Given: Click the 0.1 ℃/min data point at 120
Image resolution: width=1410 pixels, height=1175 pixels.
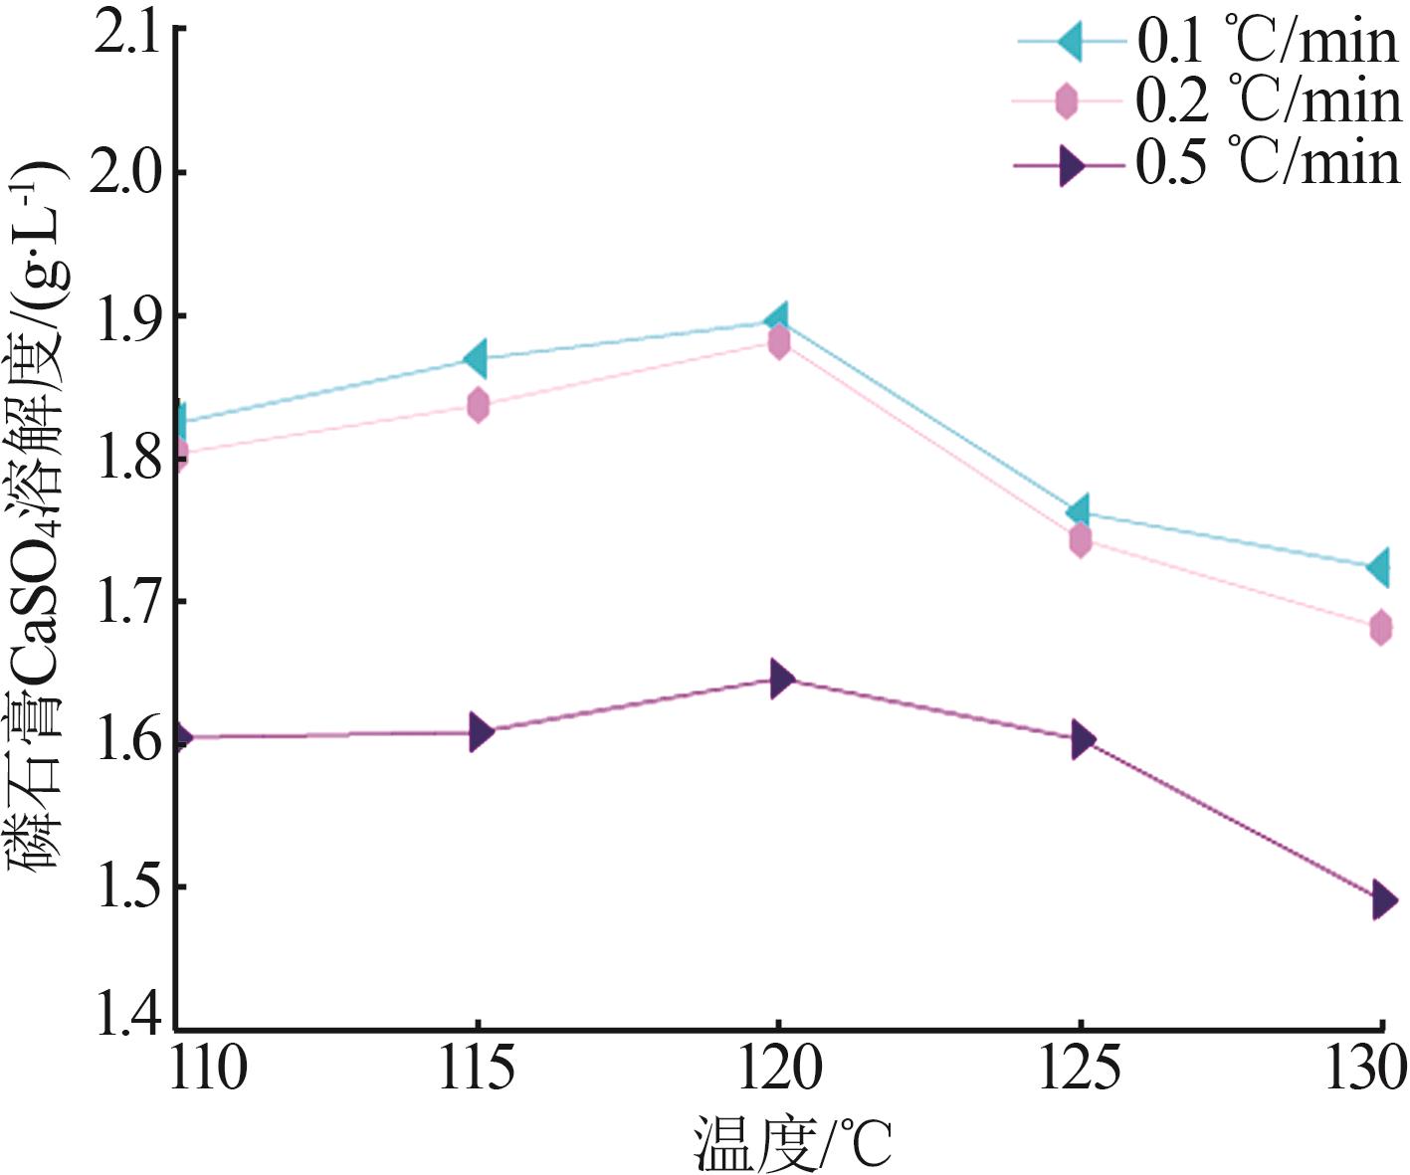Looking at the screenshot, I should click(x=777, y=320).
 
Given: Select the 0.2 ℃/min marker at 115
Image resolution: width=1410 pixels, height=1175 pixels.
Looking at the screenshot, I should click(x=479, y=405).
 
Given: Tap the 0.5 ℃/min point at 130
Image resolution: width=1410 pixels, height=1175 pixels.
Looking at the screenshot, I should click(x=1382, y=900).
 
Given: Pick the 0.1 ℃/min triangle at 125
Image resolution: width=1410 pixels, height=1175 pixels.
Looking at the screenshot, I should click(x=1078, y=512).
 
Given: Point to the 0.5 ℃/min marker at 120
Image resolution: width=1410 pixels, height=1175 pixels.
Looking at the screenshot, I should click(x=781, y=680).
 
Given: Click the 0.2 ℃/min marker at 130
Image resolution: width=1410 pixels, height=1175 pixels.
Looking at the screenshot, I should click(x=1380, y=628).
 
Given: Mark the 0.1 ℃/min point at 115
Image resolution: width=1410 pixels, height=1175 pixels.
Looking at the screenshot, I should click(x=476, y=358).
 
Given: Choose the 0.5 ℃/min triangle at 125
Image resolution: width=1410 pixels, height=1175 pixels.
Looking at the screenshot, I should click(x=1082, y=739).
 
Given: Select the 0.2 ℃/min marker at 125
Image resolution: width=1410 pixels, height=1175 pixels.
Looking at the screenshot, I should click(x=1081, y=540).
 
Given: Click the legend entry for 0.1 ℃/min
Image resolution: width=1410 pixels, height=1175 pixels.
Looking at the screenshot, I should click(x=1267, y=42).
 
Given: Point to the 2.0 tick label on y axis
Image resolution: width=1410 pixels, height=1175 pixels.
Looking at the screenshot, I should click(x=124, y=173).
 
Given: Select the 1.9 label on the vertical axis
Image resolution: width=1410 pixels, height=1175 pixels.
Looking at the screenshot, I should click(x=124, y=316).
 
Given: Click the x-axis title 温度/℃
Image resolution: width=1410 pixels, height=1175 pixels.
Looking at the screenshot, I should click(x=792, y=1144).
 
